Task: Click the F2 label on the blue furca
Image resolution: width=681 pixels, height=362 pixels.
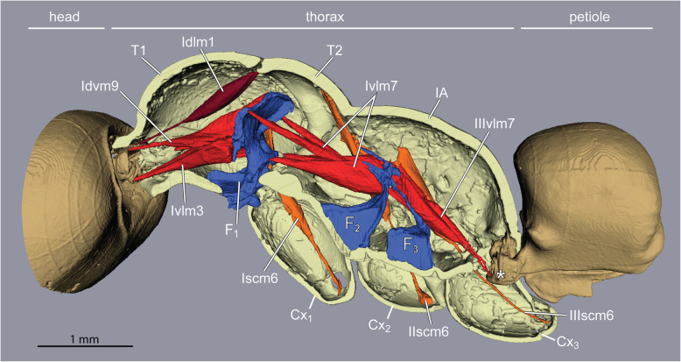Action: coord(353,223)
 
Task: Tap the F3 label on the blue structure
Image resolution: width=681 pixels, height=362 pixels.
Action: coord(409,248)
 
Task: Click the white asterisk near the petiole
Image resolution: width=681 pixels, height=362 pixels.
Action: coord(502,275)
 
